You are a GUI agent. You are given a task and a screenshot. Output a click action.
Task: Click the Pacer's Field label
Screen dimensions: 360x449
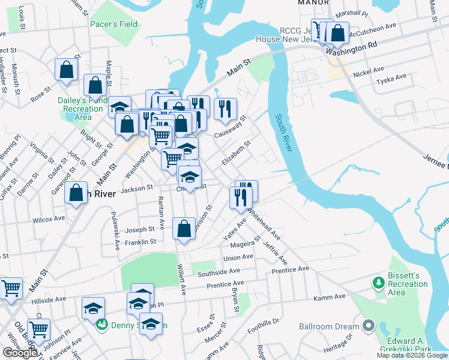click(x=113, y=25)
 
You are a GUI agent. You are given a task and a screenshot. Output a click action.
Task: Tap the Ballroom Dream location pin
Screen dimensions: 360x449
click(x=369, y=326)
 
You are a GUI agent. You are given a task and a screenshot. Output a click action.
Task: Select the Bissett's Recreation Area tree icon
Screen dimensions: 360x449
click(x=378, y=281)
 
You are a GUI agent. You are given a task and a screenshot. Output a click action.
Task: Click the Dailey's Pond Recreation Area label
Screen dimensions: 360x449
click(x=83, y=109)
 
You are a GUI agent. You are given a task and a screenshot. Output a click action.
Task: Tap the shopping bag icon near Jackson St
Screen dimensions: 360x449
click(x=76, y=193)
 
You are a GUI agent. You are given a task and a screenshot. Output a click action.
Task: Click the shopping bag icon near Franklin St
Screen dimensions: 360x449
click(x=184, y=229)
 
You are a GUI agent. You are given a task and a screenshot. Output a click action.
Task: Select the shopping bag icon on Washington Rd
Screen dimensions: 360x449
click(x=338, y=34)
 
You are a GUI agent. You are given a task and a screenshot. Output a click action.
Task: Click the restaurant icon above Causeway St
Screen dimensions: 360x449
click(x=225, y=109)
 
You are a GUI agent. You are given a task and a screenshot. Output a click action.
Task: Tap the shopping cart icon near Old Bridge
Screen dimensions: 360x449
click(x=38, y=329)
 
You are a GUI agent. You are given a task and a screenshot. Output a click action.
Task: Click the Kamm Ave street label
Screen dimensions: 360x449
click(x=330, y=297)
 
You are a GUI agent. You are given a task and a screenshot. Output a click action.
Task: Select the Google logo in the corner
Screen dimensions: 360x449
click(x=20, y=353)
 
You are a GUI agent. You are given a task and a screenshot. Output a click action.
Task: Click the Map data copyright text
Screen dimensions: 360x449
click(x=412, y=355)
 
